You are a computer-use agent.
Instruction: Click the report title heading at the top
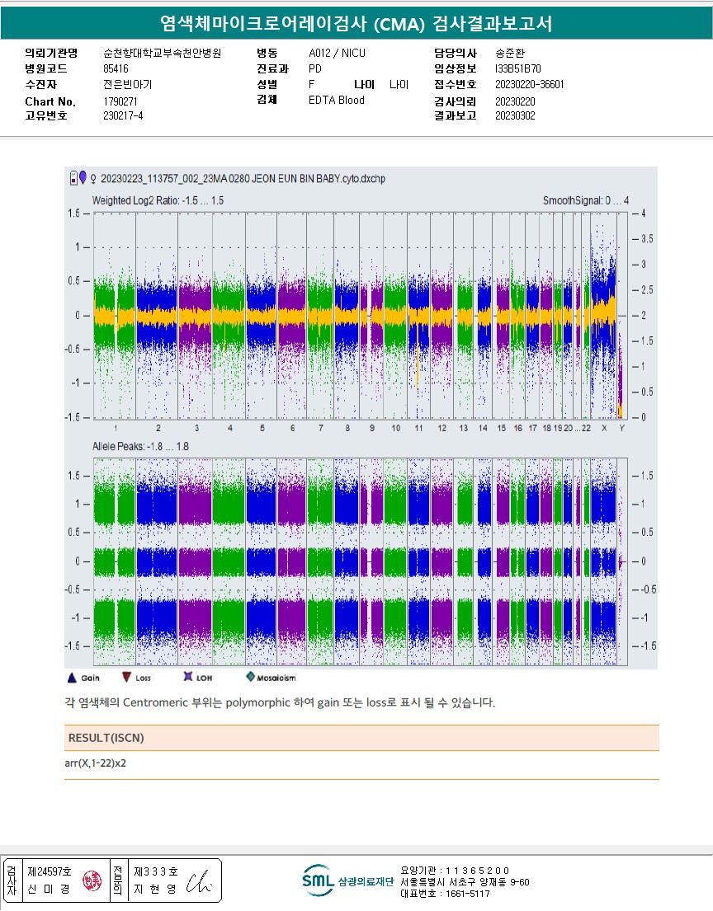(356, 24)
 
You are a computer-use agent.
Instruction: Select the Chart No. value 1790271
(120, 101)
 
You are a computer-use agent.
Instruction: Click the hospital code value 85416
(116, 68)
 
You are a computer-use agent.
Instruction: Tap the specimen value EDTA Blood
(336, 100)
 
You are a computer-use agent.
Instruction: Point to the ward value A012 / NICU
(337, 53)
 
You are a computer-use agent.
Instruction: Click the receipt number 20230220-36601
(530, 84)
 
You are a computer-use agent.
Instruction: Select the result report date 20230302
(515, 116)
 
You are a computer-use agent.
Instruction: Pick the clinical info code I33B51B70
(519, 68)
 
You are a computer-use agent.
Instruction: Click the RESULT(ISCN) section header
(100, 737)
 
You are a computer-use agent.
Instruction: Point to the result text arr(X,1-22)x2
(95, 763)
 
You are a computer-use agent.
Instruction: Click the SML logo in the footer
(318, 880)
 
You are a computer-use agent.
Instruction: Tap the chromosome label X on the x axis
(604, 429)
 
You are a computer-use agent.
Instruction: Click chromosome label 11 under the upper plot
(419, 429)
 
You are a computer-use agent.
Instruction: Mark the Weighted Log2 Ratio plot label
(158, 200)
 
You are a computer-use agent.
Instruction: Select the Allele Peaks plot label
(140, 446)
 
